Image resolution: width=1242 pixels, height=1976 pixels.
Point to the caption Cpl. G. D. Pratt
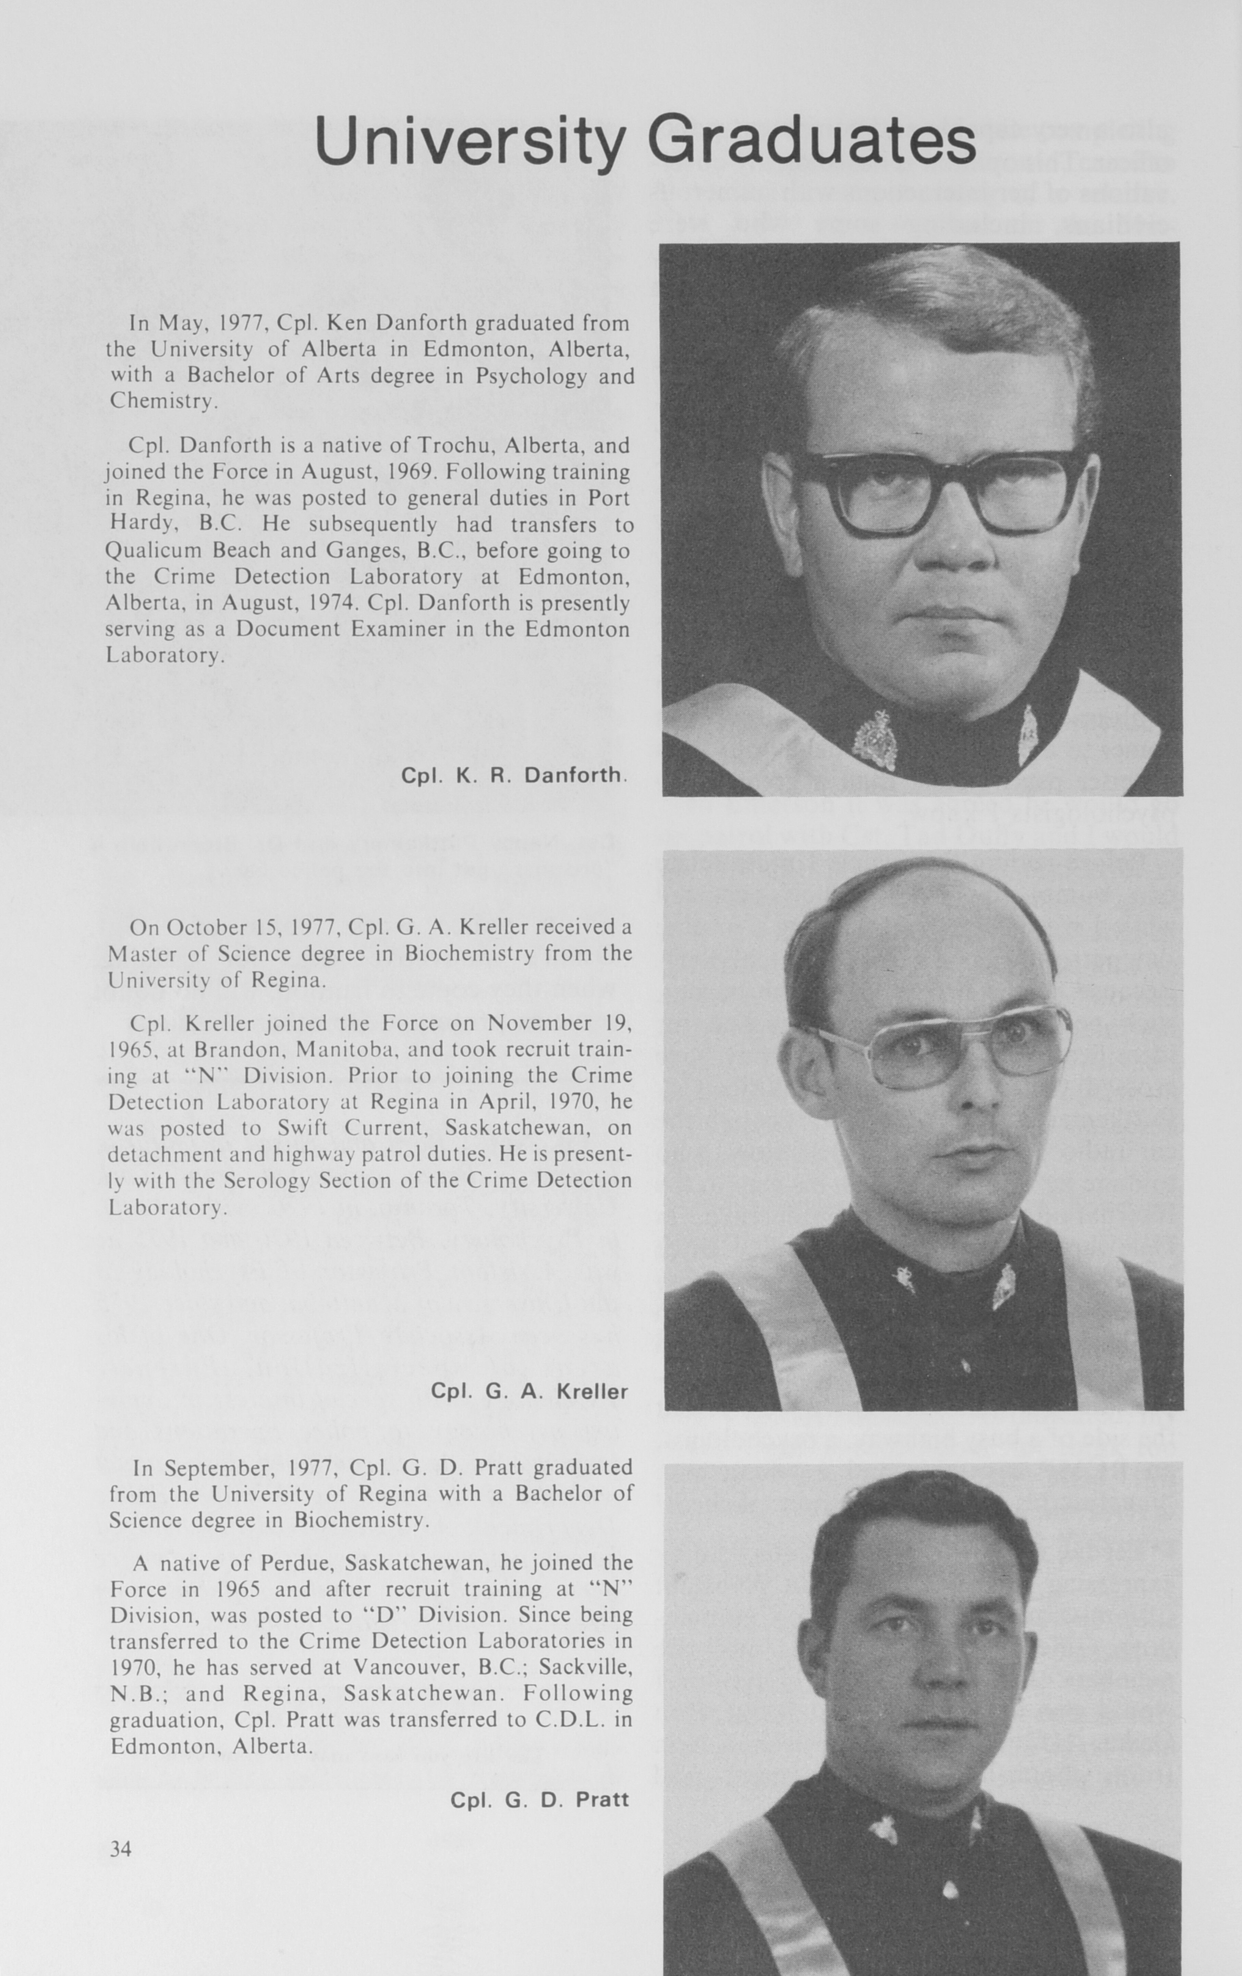click(539, 1800)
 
